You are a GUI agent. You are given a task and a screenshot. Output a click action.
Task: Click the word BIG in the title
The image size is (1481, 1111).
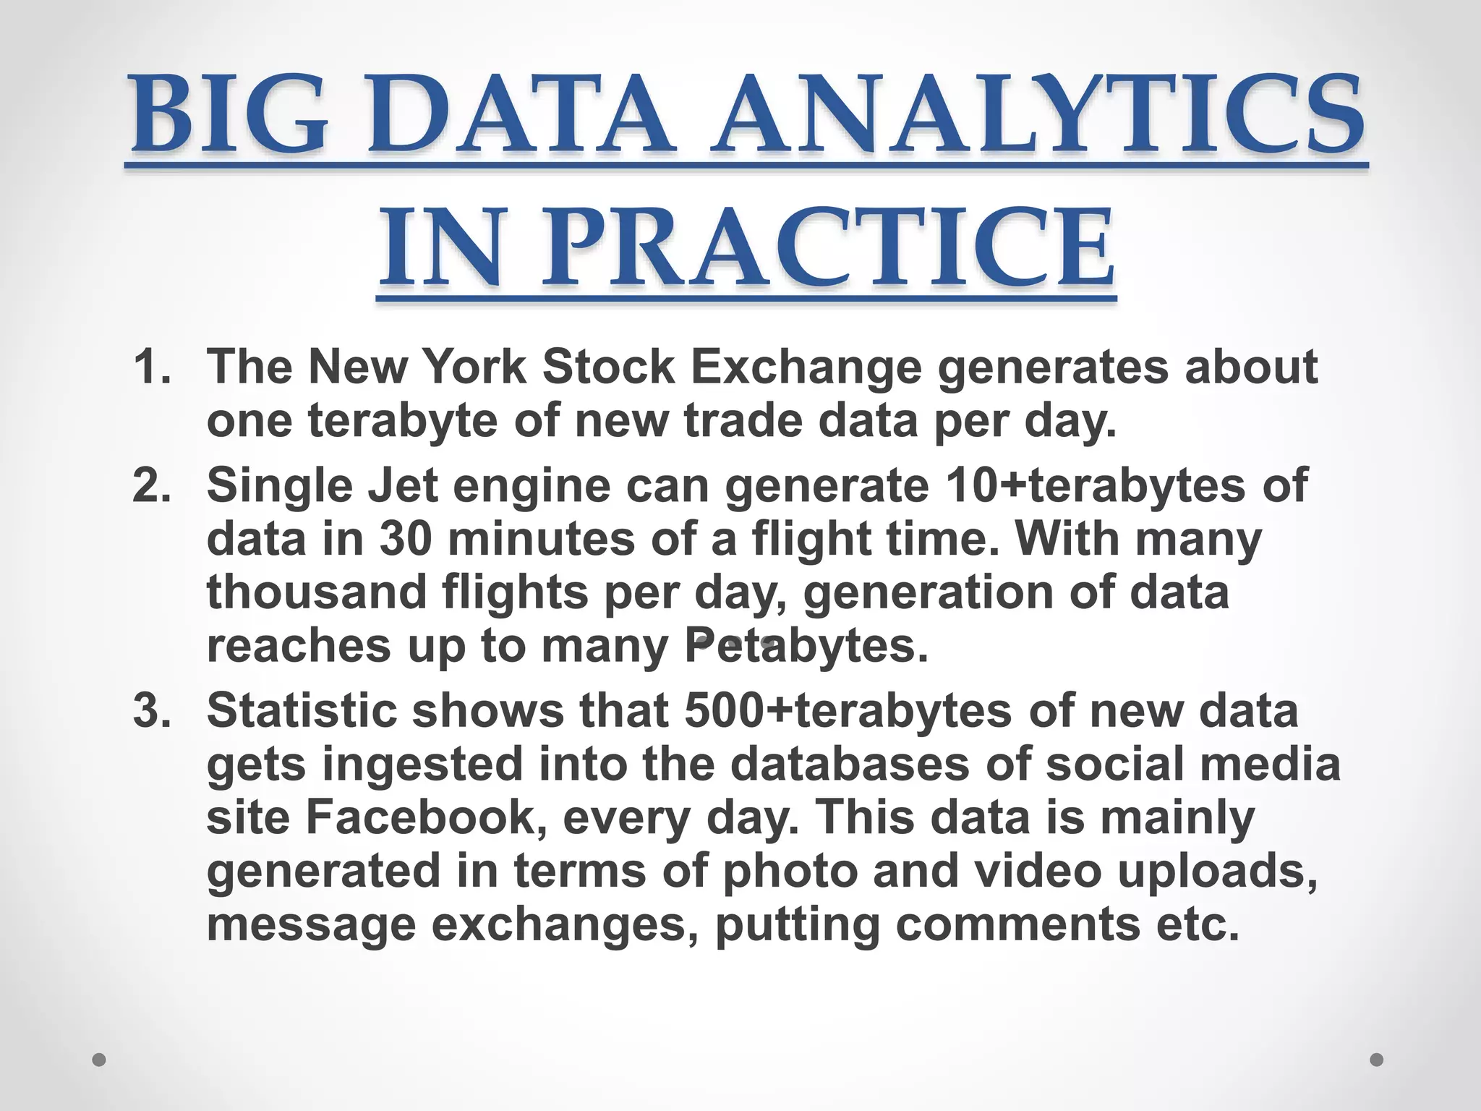(x=230, y=116)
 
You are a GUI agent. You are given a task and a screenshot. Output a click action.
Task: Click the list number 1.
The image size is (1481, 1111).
(x=152, y=367)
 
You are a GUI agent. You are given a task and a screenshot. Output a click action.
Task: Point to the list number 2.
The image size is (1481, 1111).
(x=152, y=485)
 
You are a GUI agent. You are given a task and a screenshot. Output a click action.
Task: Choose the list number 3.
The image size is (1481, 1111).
(x=152, y=710)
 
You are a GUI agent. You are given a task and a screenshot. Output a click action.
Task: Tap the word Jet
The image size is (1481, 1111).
(x=403, y=485)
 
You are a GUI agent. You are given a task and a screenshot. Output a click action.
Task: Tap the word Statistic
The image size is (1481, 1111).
(x=302, y=710)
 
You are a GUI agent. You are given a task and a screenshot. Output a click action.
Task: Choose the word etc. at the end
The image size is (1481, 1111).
(x=1198, y=924)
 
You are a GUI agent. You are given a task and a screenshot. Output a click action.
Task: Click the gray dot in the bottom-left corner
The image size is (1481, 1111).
(x=99, y=1060)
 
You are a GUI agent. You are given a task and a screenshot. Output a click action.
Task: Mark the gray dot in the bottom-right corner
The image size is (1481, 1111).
(x=1377, y=1060)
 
